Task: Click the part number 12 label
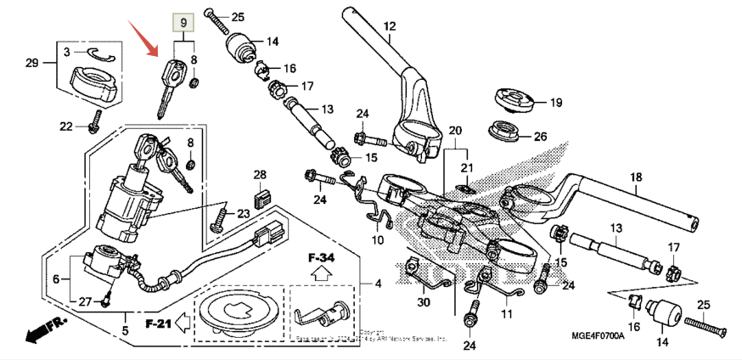(x=389, y=27)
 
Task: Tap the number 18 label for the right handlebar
(x=634, y=177)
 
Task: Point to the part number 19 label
(x=555, y=103)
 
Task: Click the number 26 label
(x=540, y=136)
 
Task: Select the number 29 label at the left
(x=31, y=65)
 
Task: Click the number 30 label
(x=423, y=302)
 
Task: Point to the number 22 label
(x=65, y=127)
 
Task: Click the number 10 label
(x=377, y=240)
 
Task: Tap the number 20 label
(x=454, y=131)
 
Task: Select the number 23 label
(x=243, y=213)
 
